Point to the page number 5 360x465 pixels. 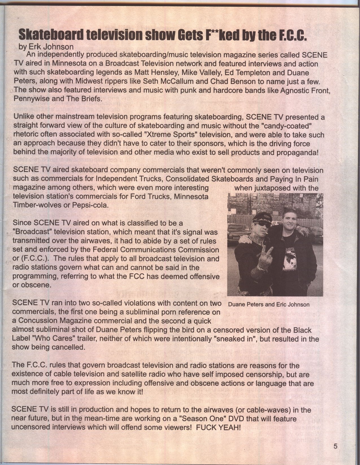(x=335, y=446)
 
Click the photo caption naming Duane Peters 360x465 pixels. (x=269, y=305)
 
